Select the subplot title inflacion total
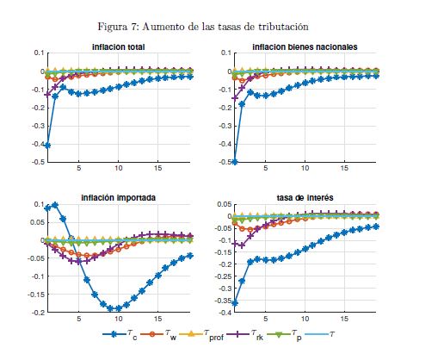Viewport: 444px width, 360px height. tap(118, 47)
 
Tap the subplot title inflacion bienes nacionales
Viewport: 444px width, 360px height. tap(305, 47)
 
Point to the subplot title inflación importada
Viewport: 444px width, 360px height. tap(118, 197)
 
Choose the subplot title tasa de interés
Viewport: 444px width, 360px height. tap(305, 197)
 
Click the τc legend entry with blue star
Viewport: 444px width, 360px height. tap(120, 335)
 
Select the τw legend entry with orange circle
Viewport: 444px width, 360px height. tap(158, 335)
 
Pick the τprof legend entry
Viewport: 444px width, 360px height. tap(201, 335)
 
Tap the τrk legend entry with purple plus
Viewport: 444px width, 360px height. tap(244, 335)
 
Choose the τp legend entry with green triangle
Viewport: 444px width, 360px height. tap(284, 335)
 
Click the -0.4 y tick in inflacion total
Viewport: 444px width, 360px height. tap(39, 144)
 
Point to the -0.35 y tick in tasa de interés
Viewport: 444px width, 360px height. tap(224, 301)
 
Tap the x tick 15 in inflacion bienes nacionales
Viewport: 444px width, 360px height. tap(344, 168)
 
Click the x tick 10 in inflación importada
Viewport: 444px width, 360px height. tap(118, 319)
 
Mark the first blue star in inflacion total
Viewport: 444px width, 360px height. tap(48, 146)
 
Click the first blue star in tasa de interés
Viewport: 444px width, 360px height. tap(235, 303)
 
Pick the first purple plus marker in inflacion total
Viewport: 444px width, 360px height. tap(48, 95)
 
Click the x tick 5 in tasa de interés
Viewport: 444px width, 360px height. tap(266, 319)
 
